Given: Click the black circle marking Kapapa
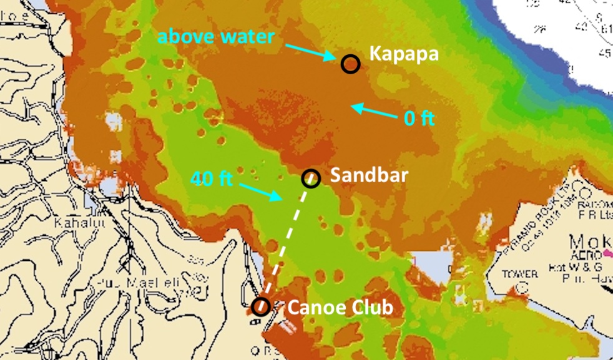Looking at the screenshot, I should coord(350,63).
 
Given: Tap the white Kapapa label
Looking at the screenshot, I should coord(404,54).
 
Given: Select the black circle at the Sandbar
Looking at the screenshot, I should coord(311,178).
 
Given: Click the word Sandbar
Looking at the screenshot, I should coord(369,175).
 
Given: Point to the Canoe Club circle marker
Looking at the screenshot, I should coord(261,306).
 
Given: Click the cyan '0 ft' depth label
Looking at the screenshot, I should coord(419,118).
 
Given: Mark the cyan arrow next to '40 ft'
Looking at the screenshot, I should coord(259,191).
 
